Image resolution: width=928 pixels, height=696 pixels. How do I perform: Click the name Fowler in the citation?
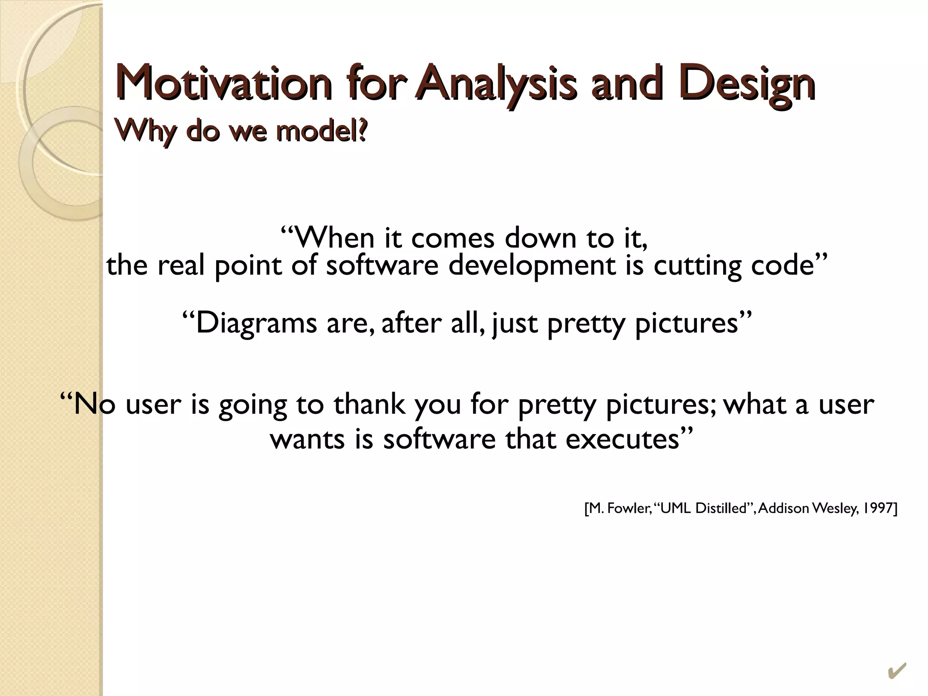(628, 508)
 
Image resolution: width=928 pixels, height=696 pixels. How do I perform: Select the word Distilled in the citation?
(720, 508)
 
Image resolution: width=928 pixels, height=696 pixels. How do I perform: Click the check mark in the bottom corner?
(897, 671)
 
